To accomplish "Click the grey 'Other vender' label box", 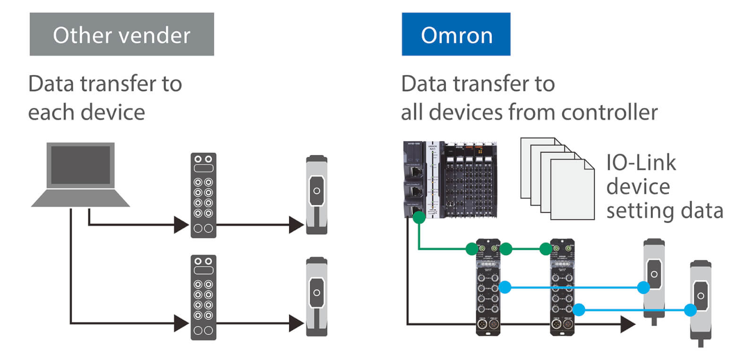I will tap(121, 34).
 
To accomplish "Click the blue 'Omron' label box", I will tap(456, 34).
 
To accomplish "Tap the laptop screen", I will tap(80, 165).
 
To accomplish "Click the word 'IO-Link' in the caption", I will tap(641, 163).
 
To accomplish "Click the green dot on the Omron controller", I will tap(418, 217).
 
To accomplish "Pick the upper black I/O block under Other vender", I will tap(204, 195).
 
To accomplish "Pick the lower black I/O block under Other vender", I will tap(204, 297).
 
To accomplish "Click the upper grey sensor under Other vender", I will tap(316, 195).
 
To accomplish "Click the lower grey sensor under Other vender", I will tap(316, 296).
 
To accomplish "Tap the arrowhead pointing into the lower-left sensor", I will tap(296, 324).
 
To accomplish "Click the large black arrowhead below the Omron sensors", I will tap(628, 324).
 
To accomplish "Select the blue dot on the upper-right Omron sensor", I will tap(643, 287).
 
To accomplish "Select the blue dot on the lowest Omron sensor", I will tap(690, 310).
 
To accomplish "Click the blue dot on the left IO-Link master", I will tap(505, 287).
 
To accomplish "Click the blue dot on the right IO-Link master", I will tap(579, 310).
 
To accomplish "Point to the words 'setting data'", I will tap(665, 211).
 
